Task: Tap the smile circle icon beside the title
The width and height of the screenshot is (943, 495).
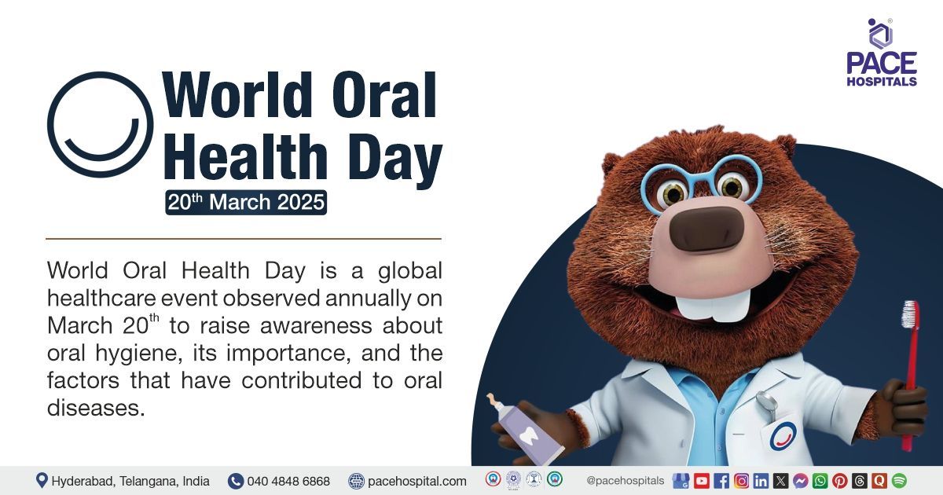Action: click(100, 124)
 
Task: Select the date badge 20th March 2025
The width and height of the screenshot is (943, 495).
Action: click(246, 202)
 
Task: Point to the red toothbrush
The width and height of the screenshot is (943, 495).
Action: click(910, 369)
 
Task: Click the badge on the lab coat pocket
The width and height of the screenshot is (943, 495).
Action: click(783, 436)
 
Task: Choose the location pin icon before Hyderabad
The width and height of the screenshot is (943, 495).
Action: click(42, 481)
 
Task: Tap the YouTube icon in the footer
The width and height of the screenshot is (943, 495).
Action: click(701, 481)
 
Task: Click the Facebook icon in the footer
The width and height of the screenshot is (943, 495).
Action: click(721, 481)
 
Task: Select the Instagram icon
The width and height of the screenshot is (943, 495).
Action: click(741, 481)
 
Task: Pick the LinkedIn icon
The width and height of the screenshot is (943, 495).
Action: click(761, 481)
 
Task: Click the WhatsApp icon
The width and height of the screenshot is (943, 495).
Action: click(820, 481)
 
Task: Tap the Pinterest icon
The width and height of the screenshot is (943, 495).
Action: click(839, 481)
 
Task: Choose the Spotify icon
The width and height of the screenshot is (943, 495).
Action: click(899, 481)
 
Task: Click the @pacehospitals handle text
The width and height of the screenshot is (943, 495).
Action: click(626, 481)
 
